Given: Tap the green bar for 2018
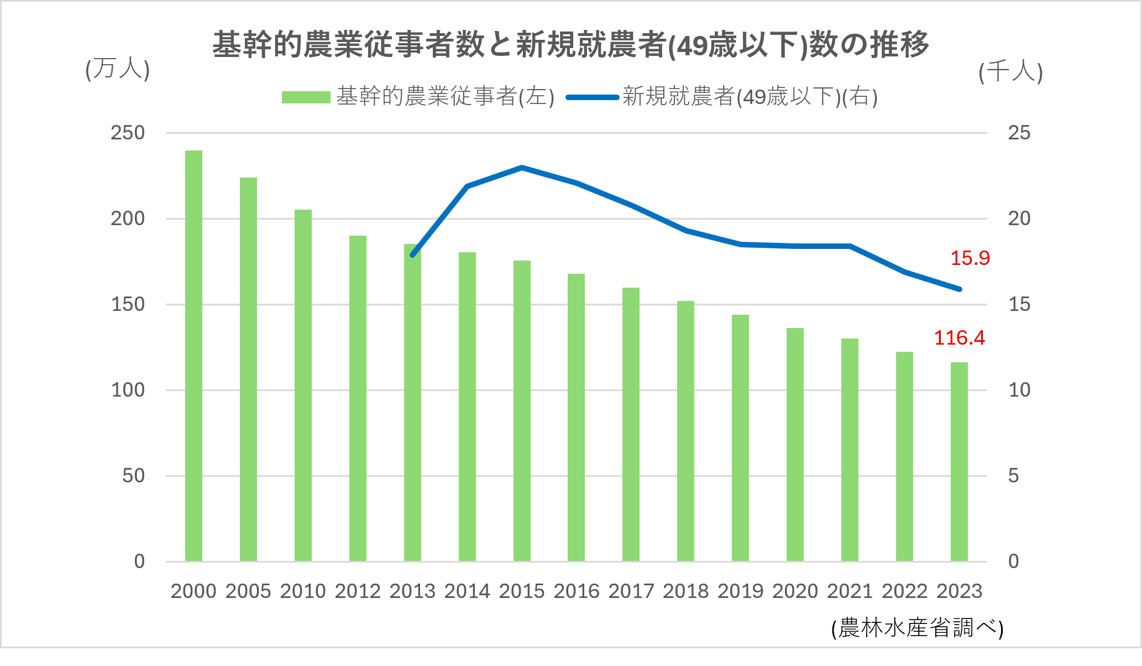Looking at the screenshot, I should click(685, 431).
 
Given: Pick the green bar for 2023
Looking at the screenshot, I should click(959, 462).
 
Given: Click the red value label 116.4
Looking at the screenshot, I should click(959, 338).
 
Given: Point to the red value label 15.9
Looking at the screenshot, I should click(970, 258).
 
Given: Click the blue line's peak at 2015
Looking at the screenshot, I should click(522, 167).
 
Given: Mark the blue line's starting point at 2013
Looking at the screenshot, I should click(412, 254).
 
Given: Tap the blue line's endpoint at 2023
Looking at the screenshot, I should click(959, 289).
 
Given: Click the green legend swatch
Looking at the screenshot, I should click(306, 97).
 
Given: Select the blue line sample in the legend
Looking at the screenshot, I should click(592, 97).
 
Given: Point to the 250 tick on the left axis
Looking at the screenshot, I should click(128, 133).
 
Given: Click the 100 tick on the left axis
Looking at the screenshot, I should click(128, 390).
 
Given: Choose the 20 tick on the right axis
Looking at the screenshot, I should click(1019, 218).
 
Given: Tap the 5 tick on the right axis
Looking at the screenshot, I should click(1013, 476).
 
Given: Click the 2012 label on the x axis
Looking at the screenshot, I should click(358, 591).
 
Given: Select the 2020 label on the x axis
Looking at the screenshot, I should click(795, 591).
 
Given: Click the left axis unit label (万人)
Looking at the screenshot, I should click(117, 70).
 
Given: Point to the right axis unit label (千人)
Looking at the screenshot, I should click(1010, 72).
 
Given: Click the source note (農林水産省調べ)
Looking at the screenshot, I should click(917, 628).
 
